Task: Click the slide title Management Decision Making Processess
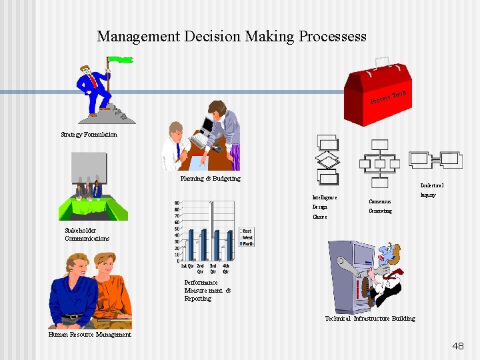coord(231,36)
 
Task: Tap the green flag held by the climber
coord(120,59)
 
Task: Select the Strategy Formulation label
coord(89,135)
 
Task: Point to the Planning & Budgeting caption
coord(210,179)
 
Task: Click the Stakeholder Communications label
coord(87,235)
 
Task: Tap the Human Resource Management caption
coord(89,335)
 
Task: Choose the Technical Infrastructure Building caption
coord(369,319)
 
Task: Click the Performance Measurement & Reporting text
coord(207,291)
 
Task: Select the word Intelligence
coord(325,197)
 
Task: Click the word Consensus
coord(379,201)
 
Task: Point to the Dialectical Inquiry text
coord(431,190)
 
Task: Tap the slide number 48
coord(457,346)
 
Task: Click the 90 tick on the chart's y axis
coord(176,203)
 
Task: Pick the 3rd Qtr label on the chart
coord(213,269)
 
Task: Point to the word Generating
coord(380,211)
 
